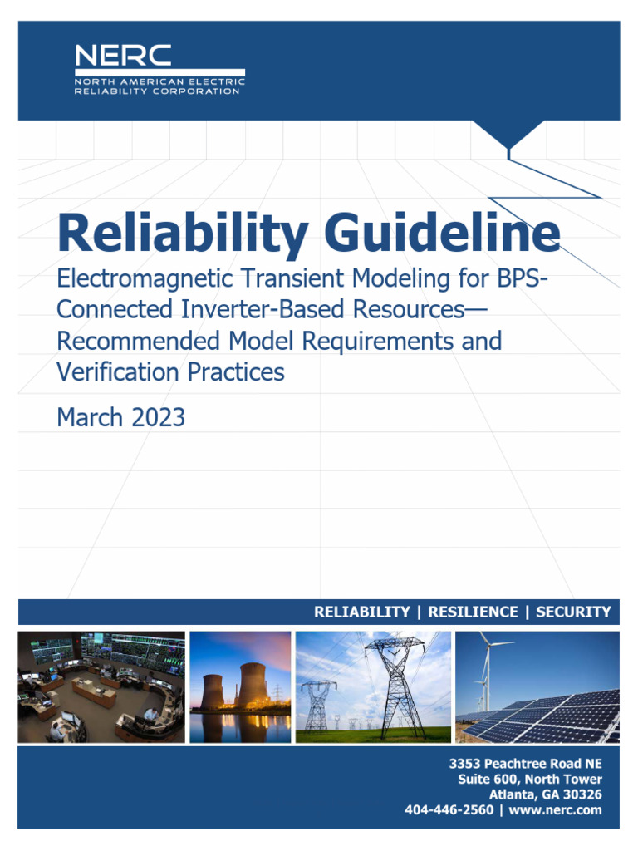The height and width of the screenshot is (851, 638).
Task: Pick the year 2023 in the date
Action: coord(157,417)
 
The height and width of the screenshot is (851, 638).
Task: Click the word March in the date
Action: coord(88,417)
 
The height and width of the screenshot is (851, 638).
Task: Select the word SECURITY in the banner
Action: coord(573,612)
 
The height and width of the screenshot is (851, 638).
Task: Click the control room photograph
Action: coord(101,686)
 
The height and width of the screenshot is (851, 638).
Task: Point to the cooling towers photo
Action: coord(240,686)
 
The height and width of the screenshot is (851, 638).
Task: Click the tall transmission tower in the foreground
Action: coord(396,686)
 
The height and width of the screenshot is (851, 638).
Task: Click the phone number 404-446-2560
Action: coord(449,810)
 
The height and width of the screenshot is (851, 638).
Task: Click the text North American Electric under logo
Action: coord(159,82)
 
